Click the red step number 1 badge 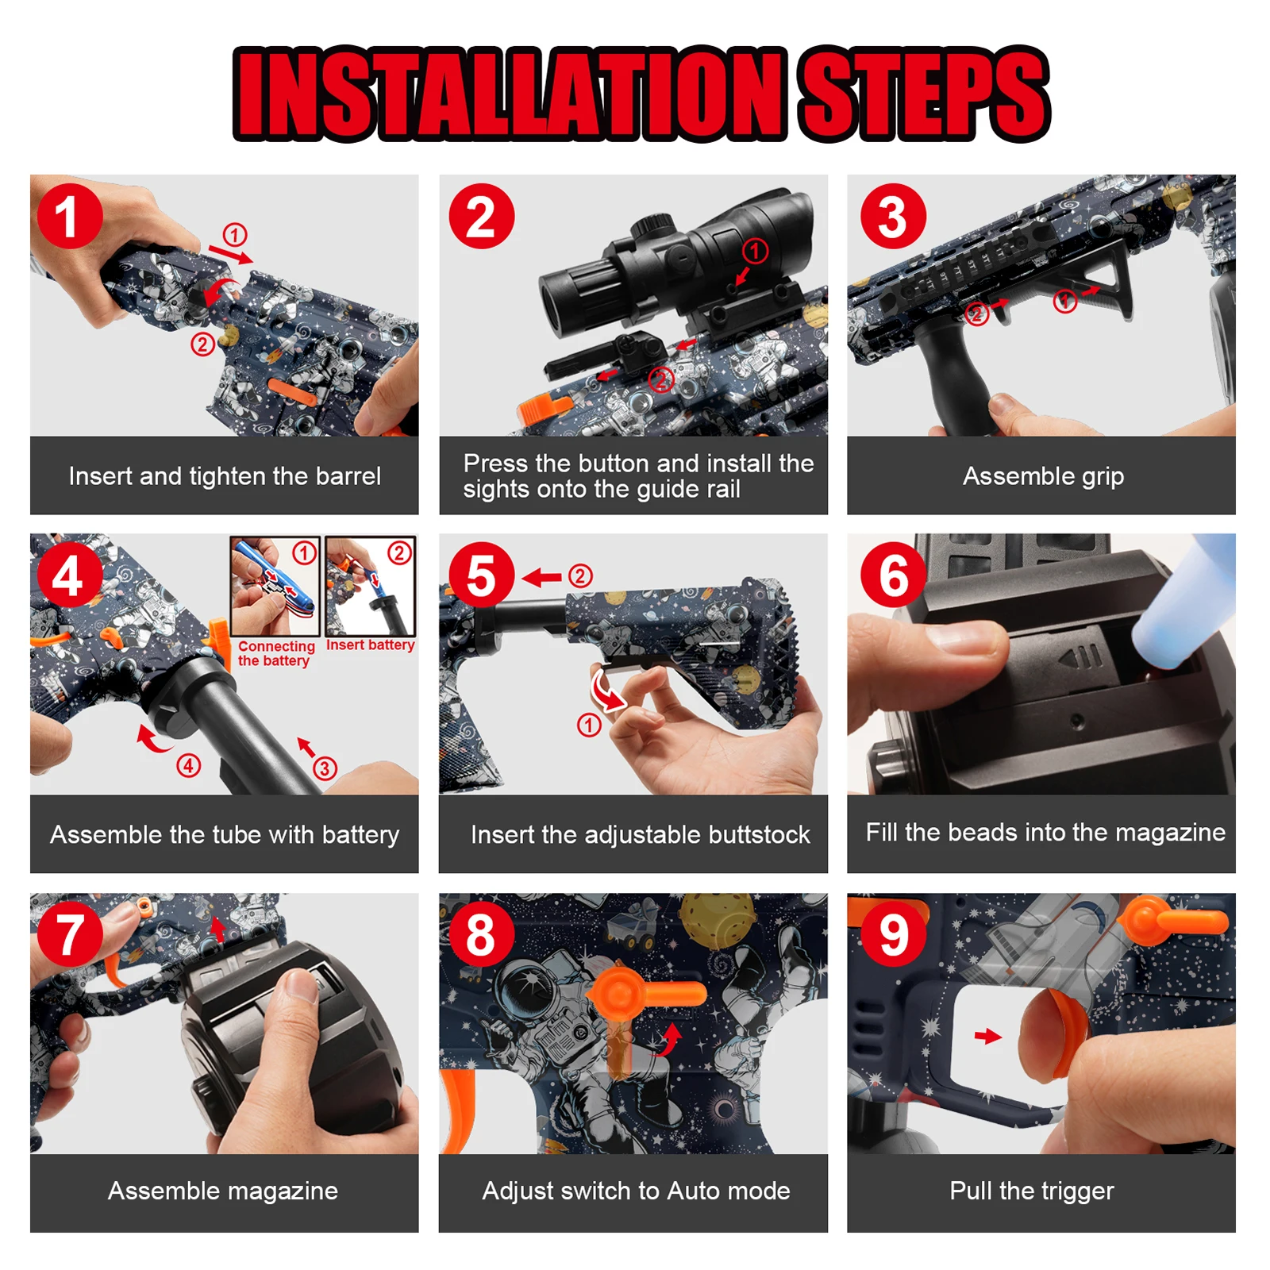[70, 216]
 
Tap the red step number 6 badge [893, 575]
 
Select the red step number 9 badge [893, 934]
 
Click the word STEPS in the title [925, 94]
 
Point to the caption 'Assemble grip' [1043, 476]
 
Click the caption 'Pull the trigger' [1032, 1191]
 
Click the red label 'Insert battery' [370, 645]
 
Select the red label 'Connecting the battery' [276, 653]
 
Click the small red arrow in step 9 [988, 1036]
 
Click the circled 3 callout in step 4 [325, 768]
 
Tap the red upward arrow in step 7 [217, 929]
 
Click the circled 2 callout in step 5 [581, 575]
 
